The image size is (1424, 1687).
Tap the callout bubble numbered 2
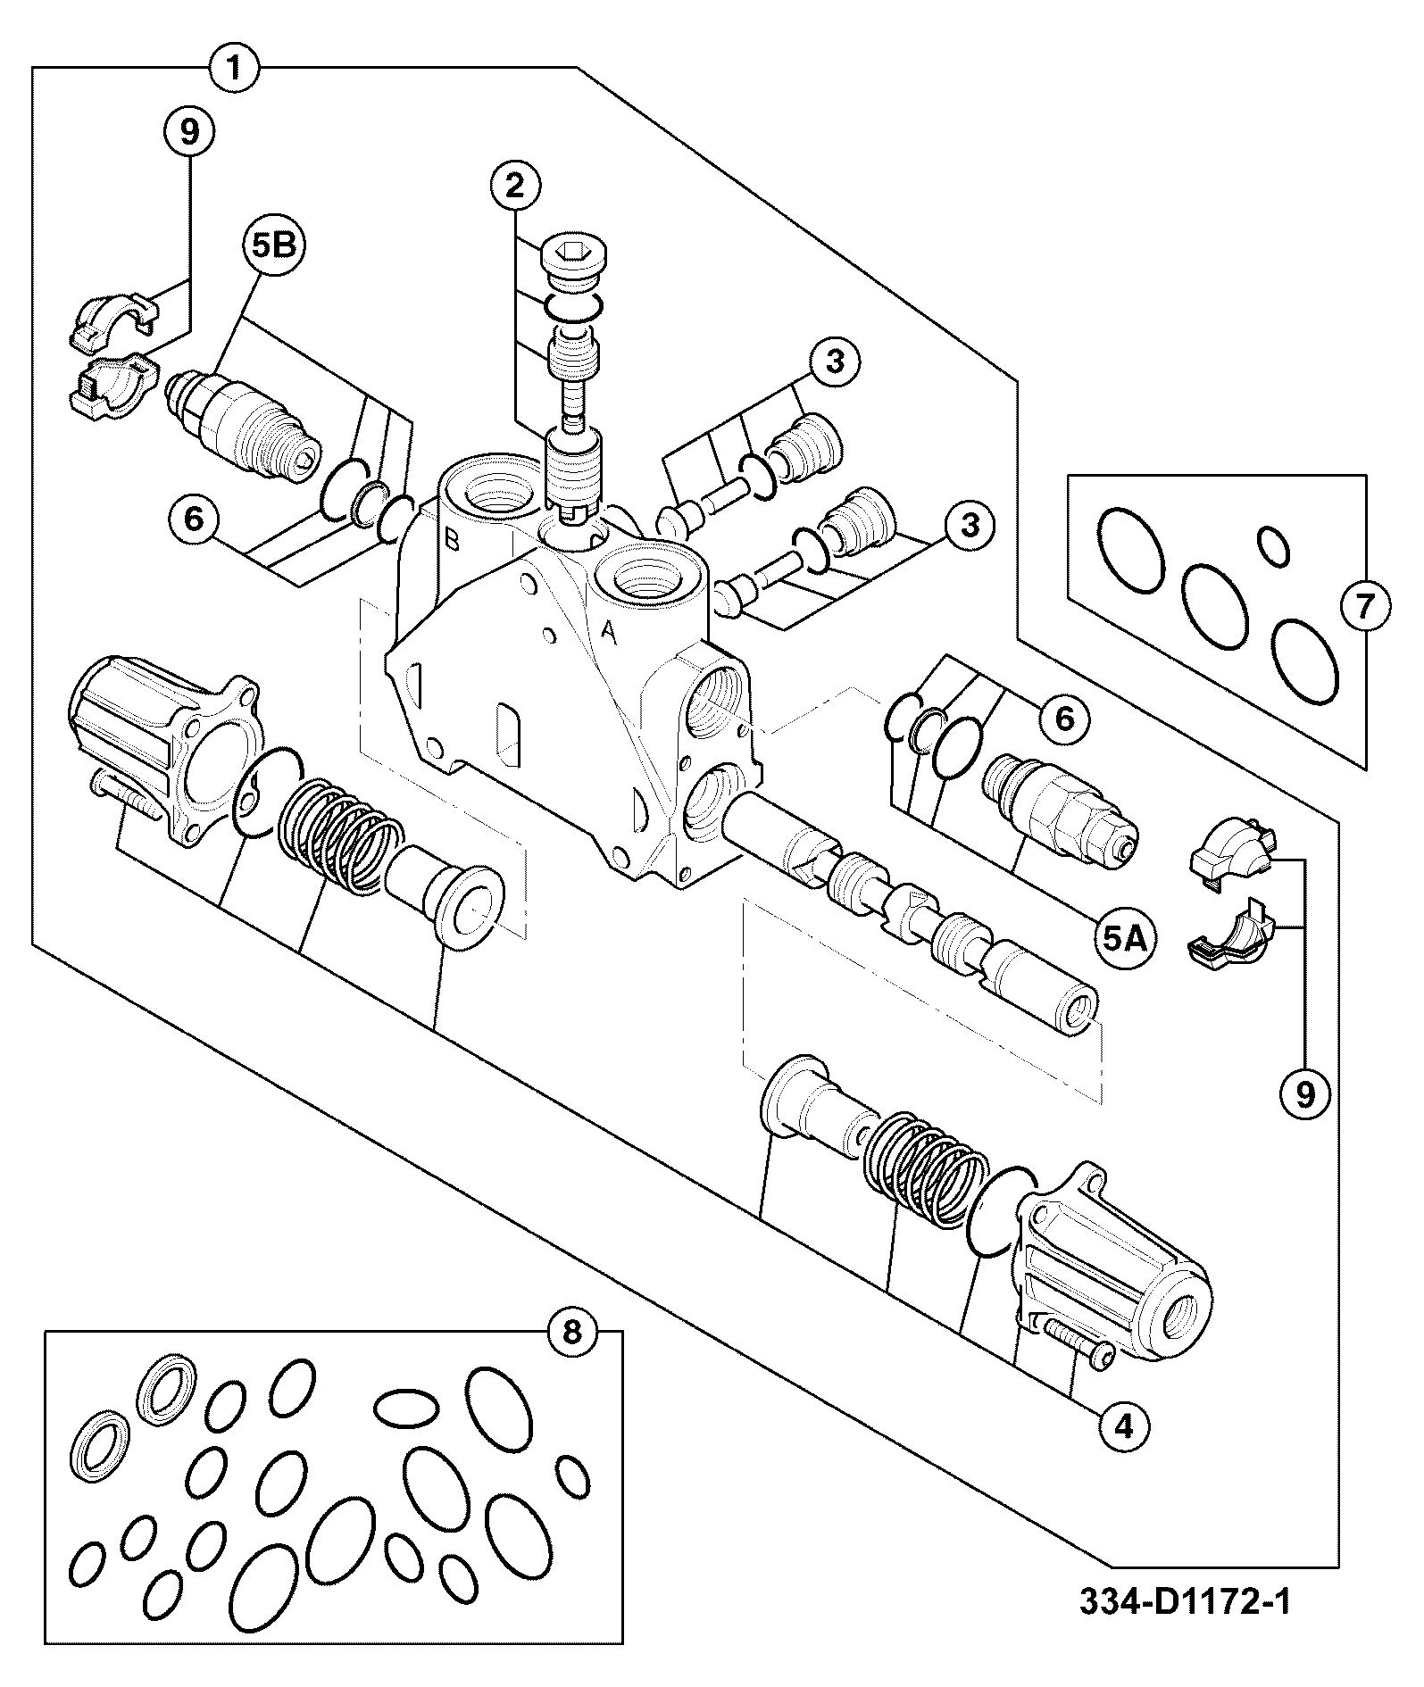click(514, 186)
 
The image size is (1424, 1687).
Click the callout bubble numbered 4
click(1123, 1426)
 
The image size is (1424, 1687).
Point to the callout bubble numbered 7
click(1365, 607)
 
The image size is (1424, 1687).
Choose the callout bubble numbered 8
click(572, 1332)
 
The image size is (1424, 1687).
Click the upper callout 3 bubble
click(834, 361)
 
